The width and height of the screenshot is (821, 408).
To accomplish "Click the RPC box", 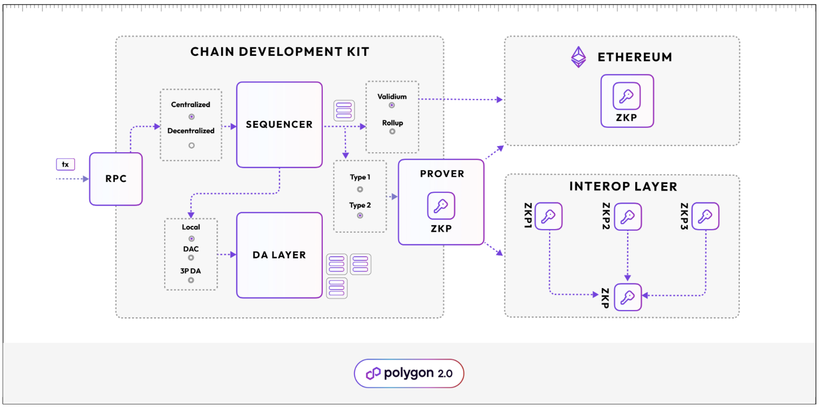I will point(116,179).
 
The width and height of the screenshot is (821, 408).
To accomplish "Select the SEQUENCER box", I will point(279,125).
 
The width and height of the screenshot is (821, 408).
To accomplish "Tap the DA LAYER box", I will point(279,255).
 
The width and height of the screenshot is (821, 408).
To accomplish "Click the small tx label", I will point(65,165).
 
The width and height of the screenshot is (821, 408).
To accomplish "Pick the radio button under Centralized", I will point(191,117).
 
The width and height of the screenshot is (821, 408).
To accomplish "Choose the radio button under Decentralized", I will point(191,146).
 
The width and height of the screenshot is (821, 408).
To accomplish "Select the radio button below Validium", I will point(392,106).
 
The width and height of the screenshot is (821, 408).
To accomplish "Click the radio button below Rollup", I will point(392,132).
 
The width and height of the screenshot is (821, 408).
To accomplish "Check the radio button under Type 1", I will point(360,190).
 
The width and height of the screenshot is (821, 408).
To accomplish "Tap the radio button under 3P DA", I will point(191,280).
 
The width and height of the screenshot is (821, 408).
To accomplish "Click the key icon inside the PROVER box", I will point(441,206).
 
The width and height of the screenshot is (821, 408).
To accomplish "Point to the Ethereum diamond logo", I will point(579,57).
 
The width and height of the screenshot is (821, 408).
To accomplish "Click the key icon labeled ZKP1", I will point(549,216).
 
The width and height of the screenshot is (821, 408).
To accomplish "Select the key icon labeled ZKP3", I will point(705,216).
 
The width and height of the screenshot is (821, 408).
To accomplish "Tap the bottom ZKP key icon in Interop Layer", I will point(628,297).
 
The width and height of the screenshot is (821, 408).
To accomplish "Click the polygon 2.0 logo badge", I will point(409,373).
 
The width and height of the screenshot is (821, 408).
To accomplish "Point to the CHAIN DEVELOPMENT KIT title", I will point(280,52).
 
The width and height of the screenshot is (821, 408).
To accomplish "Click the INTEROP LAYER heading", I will point(623,187).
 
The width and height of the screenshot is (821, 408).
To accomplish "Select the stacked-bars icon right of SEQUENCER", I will point(344,110).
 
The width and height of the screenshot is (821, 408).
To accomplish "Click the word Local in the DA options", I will point(191,227).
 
